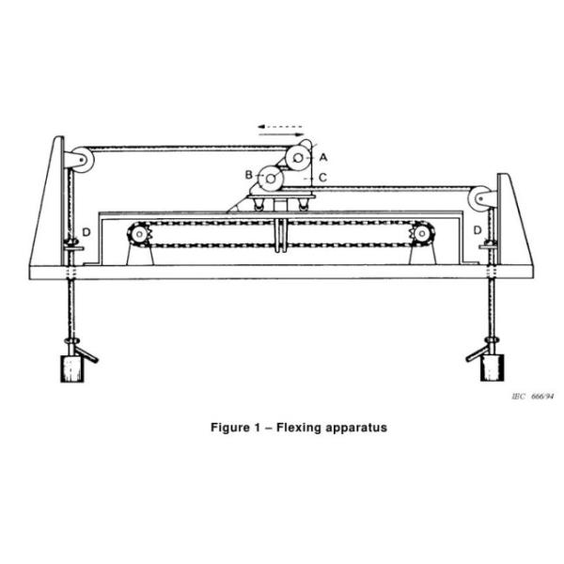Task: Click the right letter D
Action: click(x=478, y=230)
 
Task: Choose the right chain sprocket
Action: click(x=422, y=232)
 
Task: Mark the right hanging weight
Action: click(x=492, y=367)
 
